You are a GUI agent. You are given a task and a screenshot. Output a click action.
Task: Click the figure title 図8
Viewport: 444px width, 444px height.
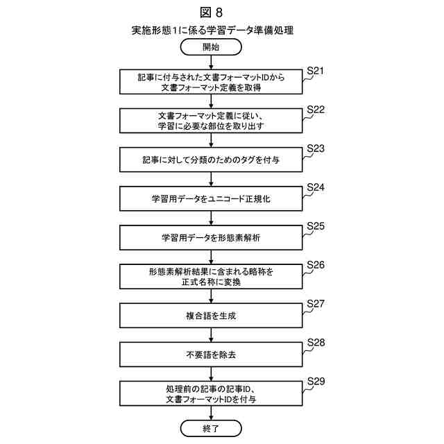tap(212, 12)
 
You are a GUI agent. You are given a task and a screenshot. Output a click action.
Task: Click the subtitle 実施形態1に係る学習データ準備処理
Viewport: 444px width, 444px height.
tap(212, 31)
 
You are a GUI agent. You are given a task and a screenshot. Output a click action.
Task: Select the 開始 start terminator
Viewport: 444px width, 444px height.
tap(212, 47)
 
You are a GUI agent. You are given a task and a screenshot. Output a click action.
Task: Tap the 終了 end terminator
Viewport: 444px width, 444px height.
tap(212, 428)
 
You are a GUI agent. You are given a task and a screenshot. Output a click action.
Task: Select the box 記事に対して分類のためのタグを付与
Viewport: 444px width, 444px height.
tap(212, 160)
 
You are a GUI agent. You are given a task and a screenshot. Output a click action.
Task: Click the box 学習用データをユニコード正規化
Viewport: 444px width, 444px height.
tap(212, 199)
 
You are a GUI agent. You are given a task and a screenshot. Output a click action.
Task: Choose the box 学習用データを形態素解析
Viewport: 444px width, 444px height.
tap(212, 238)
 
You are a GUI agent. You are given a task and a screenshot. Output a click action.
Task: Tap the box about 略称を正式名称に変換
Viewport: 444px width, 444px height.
tap(212, 277)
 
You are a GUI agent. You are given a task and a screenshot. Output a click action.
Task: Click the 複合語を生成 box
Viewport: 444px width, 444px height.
tap(212, 316)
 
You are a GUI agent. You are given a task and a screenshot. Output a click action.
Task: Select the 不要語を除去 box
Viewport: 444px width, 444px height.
tap(212, 355)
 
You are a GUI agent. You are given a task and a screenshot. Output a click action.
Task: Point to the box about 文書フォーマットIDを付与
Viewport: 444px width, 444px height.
tap(212, 393)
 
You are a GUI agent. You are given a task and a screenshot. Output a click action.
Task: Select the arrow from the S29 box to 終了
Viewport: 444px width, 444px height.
tap(212, 413)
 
